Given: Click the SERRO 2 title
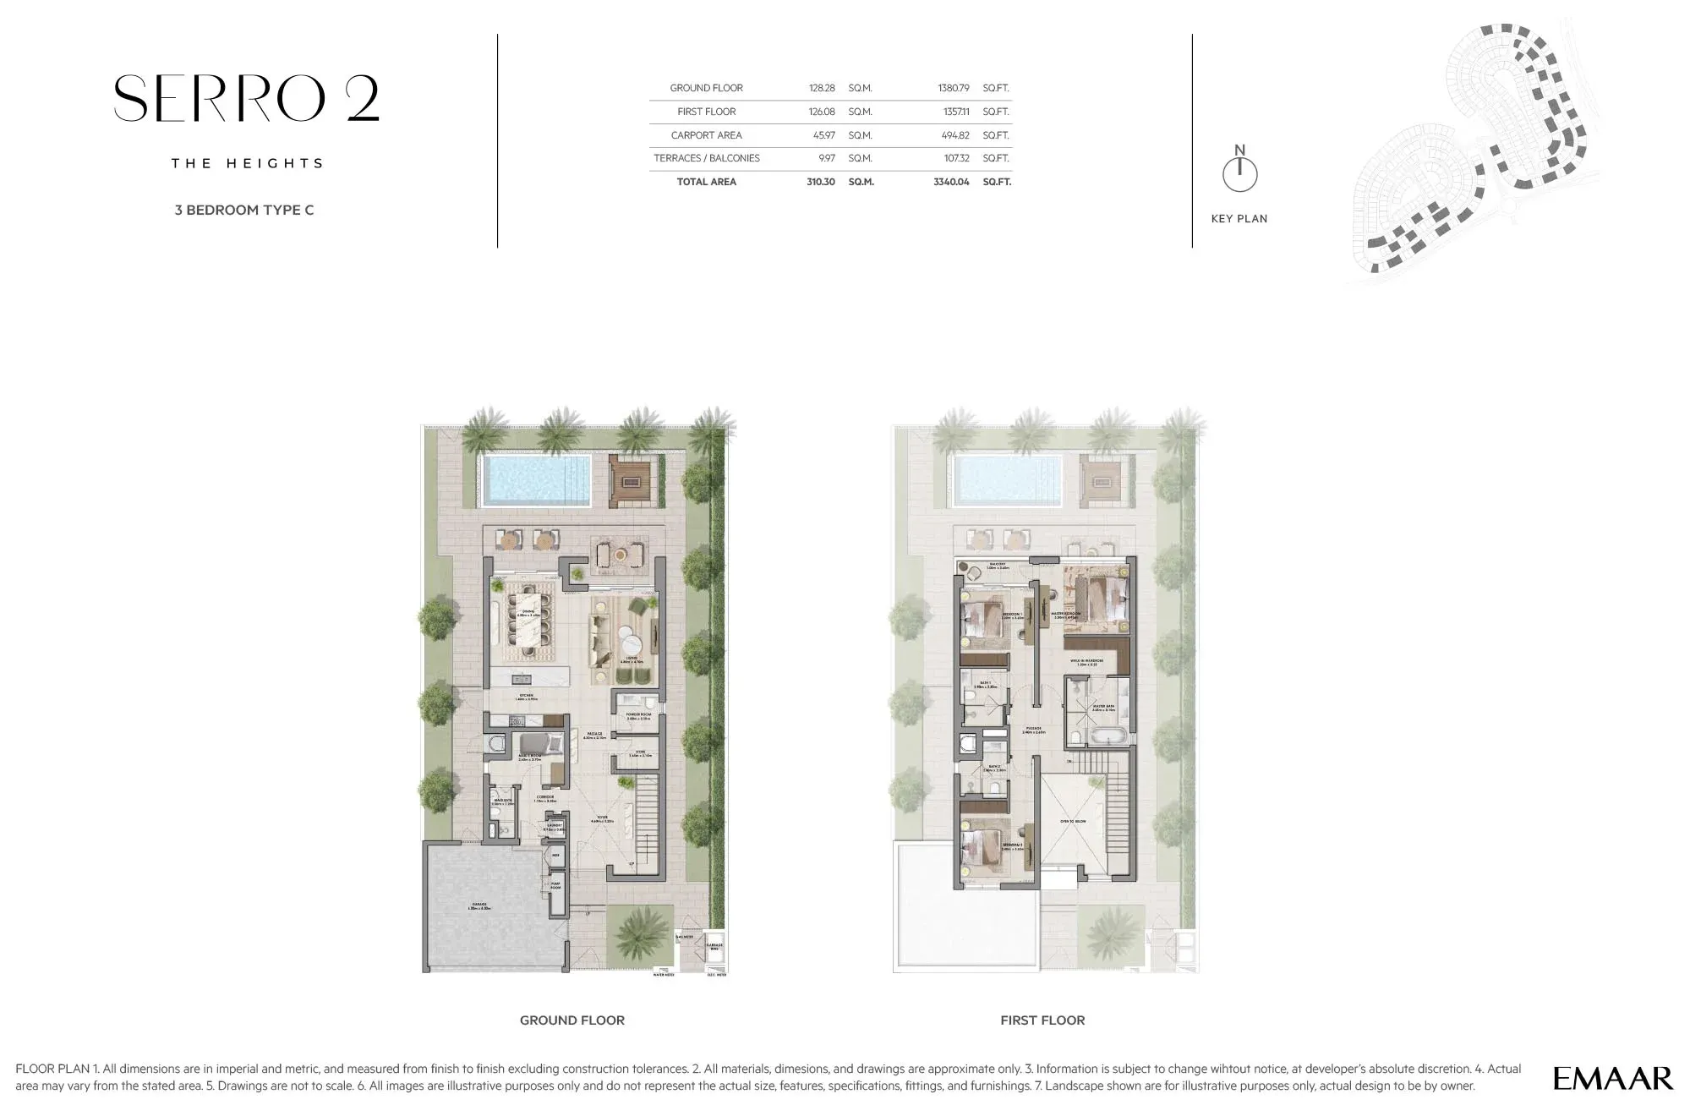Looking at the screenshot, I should click(246, 99).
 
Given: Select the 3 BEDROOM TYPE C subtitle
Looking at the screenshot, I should click(243, 210).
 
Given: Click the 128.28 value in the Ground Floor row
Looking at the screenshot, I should click(821, 88).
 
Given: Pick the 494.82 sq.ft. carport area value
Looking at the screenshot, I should click(954, 135).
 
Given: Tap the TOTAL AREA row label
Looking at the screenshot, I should click(706, 182).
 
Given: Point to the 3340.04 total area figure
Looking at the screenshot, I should click(950, 182).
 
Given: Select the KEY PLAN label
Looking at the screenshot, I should click(1239, 218).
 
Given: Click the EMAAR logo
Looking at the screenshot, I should click(1612, 1078).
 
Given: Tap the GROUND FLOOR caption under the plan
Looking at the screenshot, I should click(572, 1020).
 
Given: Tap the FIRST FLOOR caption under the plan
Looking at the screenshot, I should click(1042, 1020).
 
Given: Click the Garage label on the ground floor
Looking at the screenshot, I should click(480, 906).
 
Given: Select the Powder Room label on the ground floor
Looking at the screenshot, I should click(638, 716).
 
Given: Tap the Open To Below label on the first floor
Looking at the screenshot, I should click(1072, 821).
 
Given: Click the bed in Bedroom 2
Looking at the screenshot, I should click(981, 845).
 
